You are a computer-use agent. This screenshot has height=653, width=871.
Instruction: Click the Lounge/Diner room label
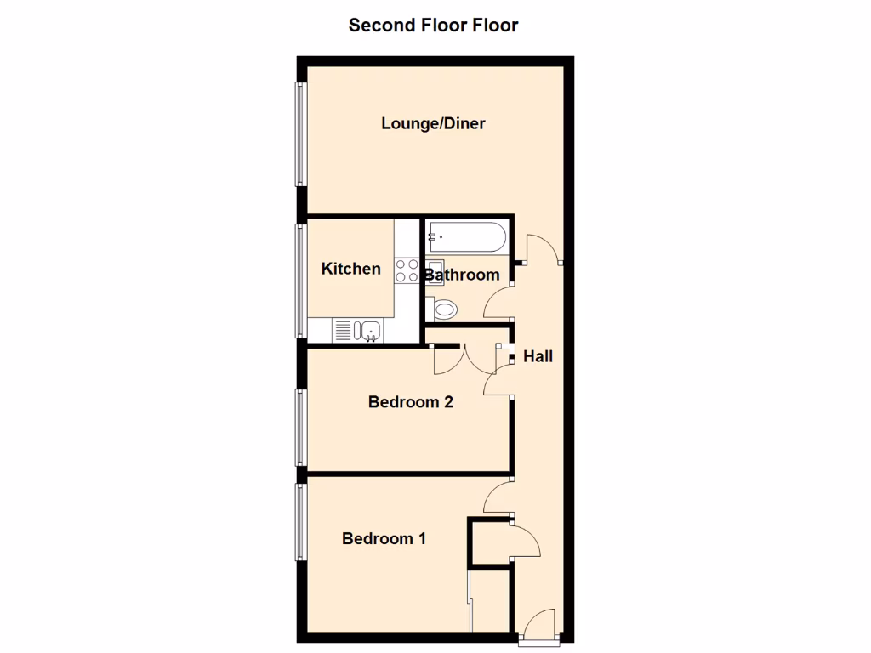click(x=433, y=123)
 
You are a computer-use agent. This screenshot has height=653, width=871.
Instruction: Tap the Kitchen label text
click(x=350, y=269)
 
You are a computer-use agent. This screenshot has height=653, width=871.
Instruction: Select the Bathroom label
click(x=462, y=275)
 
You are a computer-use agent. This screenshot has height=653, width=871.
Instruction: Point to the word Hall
click(x=538, y=356)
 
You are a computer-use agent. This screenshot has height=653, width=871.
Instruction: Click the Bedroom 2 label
click(x=410, y=401)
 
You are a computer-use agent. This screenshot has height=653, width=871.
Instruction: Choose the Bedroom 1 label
click(x=384, y=538)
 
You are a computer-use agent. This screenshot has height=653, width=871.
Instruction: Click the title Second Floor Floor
click(x=433, y=25)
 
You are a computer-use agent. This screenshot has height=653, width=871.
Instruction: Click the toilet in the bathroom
click(x=443, y=308)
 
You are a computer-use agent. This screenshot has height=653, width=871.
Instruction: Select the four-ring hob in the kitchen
click(x=407, y=270)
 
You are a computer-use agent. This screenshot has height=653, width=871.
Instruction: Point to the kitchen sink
click(x=369, y=330)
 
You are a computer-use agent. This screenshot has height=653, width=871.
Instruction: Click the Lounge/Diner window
click(x=300, y=133)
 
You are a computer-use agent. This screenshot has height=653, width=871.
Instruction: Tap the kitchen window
click(x=300, y=281)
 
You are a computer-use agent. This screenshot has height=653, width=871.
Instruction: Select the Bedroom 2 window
click(x=300, y=427)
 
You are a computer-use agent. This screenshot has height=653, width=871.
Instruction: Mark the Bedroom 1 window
click(x=300, y=521)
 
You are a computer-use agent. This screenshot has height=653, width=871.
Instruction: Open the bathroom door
click(x=499, y=303)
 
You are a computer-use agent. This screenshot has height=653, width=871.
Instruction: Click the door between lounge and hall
click(x=543, y=249)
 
